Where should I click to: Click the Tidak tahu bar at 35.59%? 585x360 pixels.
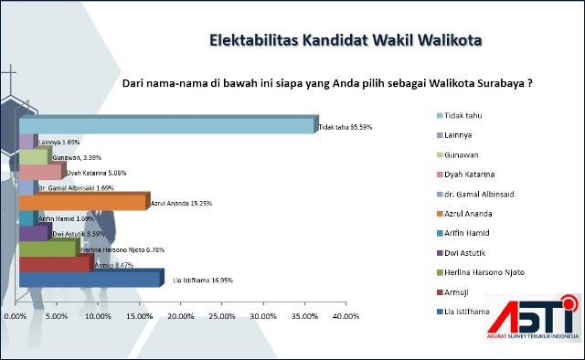[166, 126]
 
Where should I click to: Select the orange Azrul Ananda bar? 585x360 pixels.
[82, 202]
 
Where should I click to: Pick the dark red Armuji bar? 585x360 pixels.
[55, 264]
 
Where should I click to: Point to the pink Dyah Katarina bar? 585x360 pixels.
[41, 172]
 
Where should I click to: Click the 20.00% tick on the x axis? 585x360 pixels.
[180, 316]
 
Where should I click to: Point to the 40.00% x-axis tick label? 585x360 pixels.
[345, 316]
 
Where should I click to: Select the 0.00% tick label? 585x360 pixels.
[16, 316]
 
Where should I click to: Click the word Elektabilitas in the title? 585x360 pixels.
[252, 40]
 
